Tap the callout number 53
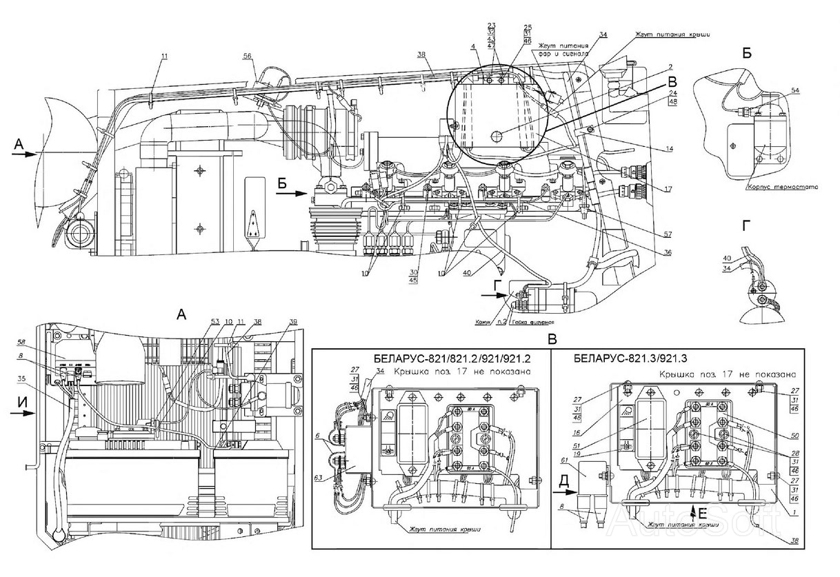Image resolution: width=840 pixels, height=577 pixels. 214,322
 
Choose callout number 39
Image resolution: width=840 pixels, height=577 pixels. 274,322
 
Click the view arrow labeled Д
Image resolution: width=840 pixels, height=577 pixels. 565,493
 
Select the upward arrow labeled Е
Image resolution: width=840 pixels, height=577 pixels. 692,511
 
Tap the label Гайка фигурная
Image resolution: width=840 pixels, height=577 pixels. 533,322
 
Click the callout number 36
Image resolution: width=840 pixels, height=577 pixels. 667,252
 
